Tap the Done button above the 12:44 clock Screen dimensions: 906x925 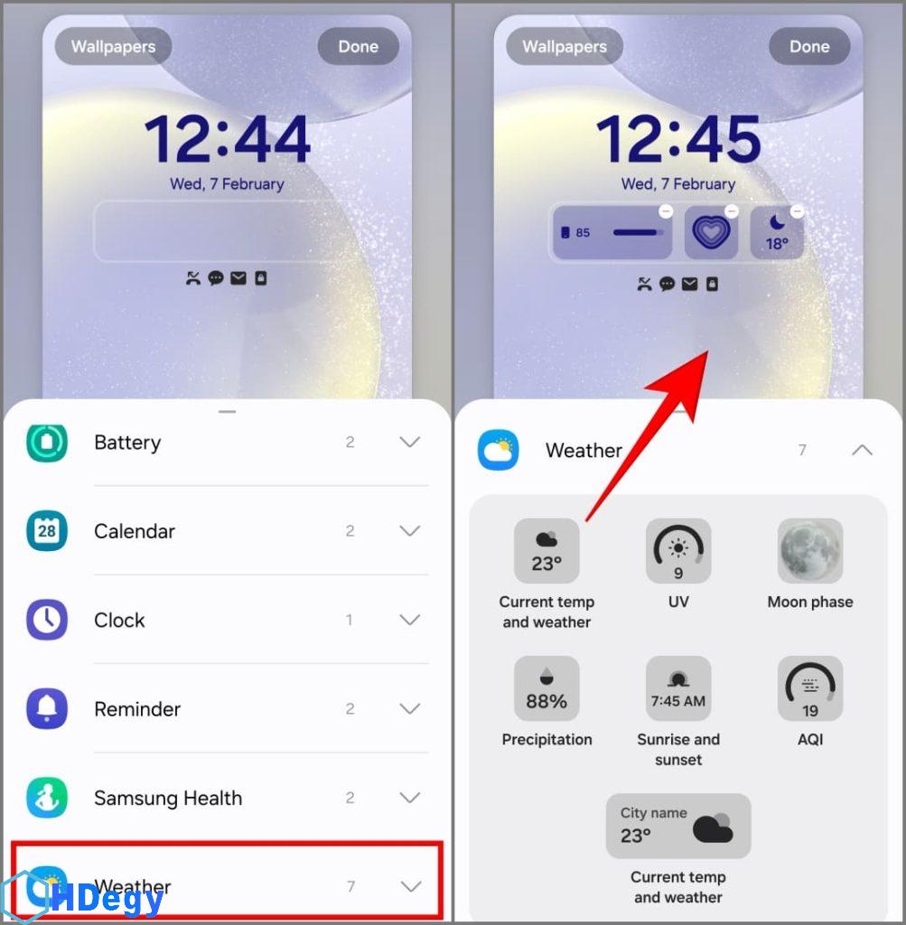[x=358, y=47]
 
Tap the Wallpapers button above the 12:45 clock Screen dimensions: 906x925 [x=565, y=47]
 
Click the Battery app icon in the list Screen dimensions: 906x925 [x=47, y=443]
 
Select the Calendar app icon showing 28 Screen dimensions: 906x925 [x=47, y=531]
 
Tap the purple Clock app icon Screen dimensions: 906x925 [x=47, y=620]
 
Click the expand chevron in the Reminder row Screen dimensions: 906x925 [x=410, y=708]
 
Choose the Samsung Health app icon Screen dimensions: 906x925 [x=47, y=798]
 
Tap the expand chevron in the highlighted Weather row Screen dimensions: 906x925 [x=410, y=886]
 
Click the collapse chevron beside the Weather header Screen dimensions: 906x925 [x=862, y=450]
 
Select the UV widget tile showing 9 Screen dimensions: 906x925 [x=678, y=551]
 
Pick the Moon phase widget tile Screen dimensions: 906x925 [x=810, y=551]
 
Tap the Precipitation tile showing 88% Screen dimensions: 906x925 [x=546, y=688]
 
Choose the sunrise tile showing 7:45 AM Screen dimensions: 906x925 [x=678, y=688]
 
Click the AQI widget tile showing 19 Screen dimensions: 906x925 [x=810, y=688]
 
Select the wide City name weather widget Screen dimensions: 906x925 [x=678, y=826]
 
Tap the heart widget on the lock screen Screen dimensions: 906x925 [x=712, y=232]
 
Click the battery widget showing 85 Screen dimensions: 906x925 [x=612, y=232]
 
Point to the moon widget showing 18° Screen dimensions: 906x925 [x=777, y=232]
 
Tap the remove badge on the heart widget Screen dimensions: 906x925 [x=732, y=211]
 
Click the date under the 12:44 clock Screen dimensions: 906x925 [x=227, y=184]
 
